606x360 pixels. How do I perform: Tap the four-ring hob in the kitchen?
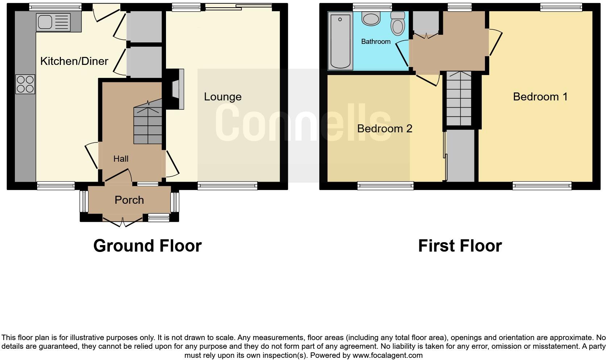point(25,84)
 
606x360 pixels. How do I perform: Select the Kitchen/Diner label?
point(74,61)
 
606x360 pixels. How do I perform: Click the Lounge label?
point(223,96)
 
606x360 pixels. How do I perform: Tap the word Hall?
point(121,158)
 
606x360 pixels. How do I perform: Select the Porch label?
point(129,200)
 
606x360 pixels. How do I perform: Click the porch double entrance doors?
point(123,222)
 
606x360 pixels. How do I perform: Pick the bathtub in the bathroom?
point(340,41)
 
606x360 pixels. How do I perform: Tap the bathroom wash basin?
point(371,18)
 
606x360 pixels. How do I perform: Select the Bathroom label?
point(375,41)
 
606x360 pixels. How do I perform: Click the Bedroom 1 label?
point(540,96)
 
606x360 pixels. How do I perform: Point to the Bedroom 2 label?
point(385,128)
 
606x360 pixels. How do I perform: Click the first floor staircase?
point(458,99)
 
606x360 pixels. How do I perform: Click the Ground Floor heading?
point(147,245)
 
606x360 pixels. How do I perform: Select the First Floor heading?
point(460,245)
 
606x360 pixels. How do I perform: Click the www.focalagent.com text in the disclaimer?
point(387,355)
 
